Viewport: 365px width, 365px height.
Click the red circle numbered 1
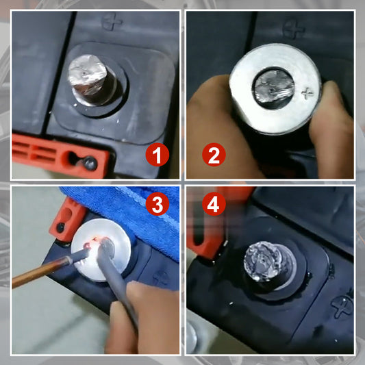[158, 154]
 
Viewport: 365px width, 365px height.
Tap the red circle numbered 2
[214, 154]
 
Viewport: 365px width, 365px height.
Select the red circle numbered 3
[158, 204]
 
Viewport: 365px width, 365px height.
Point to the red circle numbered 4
[214, 204]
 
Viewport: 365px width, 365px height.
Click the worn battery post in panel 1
[92, 80]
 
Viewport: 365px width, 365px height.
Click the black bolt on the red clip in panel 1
[90, 163]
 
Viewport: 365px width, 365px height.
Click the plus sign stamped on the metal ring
[307, 92]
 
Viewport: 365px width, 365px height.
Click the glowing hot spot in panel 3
[93, 243]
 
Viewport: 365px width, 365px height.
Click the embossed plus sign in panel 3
[162, 279]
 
